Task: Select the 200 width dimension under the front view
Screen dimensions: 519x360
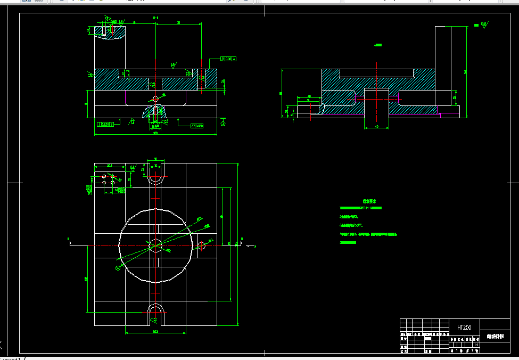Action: pyautogui.click(x=155, y=133)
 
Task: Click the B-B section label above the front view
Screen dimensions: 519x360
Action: pyautogui.click(x=155, y=18)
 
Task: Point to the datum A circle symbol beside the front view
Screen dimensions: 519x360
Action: pyautogui.click(x=224, y=123)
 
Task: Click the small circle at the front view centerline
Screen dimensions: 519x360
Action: pyautogui.click(x=155, y=99)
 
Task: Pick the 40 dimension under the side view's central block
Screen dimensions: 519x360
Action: pyautogui.click(x=376, y=126)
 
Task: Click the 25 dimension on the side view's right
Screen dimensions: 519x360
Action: pyautogui.click(x=455, y=97)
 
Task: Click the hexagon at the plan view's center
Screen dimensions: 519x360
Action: pyautogui.click(x=155, y=246)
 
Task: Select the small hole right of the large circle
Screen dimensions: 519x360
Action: pyautogui.click(x=202, y=246)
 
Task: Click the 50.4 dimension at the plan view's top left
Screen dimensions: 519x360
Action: pyautogui.click(x=110, y=166)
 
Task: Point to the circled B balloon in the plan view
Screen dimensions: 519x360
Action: pyautogui.click(x=117, y=268)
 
